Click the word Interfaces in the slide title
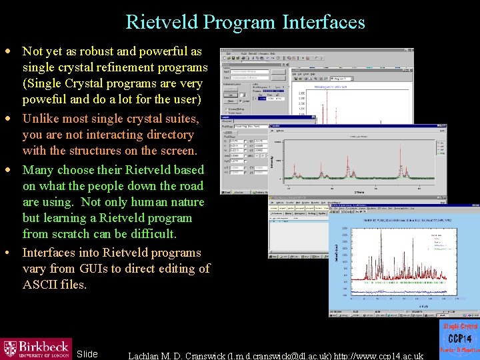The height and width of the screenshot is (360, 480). pyautogui.click(x=323, y=22)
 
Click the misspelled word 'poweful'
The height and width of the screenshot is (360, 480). pyautogui.click(x=44, y=100)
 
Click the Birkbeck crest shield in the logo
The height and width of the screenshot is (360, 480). pyautogui.click(x=10, y=349)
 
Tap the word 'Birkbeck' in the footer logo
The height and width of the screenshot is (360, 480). pyautogui.click(x=43, y=346)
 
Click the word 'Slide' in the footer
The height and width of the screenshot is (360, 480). pyautogui.click(x=87, y=354)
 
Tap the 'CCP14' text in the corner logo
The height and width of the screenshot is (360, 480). pyautogui.click(x=459, y=339)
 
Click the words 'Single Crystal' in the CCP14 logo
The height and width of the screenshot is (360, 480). pyautogui.click(x=459, y=326)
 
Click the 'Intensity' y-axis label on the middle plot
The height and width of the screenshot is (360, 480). pyautogui.click(x=273, y=160)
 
